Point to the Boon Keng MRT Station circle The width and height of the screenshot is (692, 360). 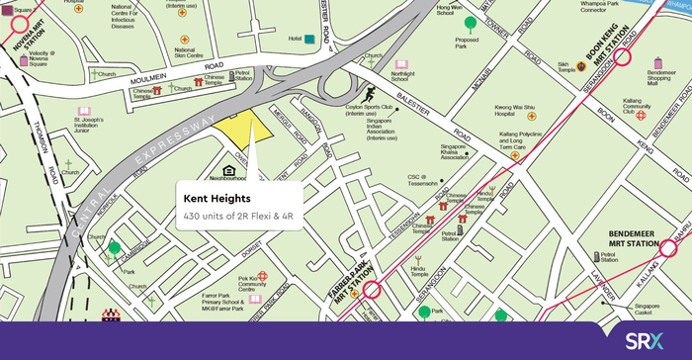(x=624, y=57)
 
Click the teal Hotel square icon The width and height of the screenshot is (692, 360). (x=310, y=39)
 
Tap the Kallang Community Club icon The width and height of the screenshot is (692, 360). (x=642, y=114)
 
